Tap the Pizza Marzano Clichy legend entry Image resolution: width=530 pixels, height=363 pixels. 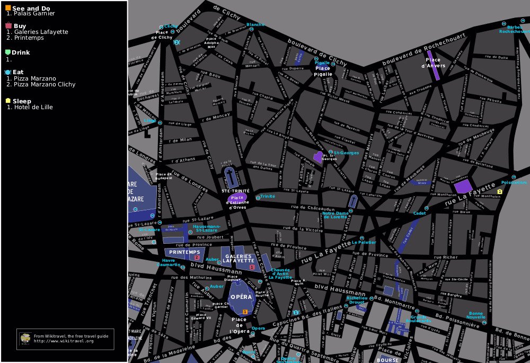point(45,84)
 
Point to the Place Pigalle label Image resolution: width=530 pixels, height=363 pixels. point(323,71)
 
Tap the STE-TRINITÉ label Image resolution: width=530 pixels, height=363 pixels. point(235,191)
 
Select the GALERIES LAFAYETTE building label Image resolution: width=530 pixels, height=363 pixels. point(237,259)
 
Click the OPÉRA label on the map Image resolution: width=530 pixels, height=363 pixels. point(241,297)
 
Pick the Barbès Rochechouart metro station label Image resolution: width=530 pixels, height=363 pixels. point(514,29)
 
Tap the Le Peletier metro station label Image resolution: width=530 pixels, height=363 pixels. point(364,243)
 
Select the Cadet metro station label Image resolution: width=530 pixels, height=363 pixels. point(420,213)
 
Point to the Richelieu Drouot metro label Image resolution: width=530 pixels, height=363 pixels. point(356,300)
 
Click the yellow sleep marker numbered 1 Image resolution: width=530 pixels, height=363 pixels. point(499,191)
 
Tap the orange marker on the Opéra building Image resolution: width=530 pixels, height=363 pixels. point(244,312)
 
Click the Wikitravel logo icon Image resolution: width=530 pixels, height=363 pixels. point(25,338)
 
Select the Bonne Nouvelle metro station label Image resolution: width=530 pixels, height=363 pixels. point(476,315)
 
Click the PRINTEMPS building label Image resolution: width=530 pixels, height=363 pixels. point(184,252)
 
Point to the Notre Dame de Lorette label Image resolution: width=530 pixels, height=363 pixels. point(336,215)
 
